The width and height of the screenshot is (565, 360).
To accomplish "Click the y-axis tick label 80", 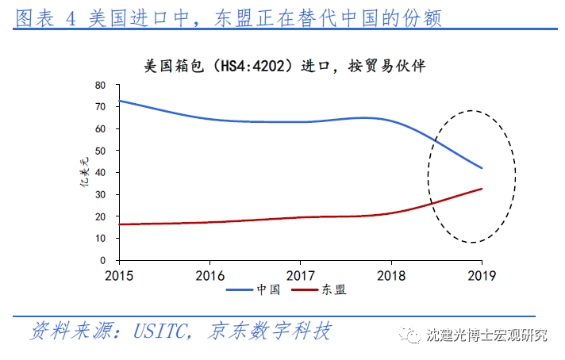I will pyautogui.click(x=100, y=85).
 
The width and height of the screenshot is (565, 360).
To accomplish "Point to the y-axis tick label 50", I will pyautogui.click(x=100, y=151).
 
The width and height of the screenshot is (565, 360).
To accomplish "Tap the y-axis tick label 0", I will pyautogui.click(x=103, y=260).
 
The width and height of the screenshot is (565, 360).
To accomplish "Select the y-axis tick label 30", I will pyautogui.click(x=100, y=194).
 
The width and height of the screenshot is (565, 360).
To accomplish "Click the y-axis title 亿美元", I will pyautogui.click(x=84, y=173).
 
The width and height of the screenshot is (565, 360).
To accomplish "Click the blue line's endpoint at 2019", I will pyautogui.click(x=482, y=168).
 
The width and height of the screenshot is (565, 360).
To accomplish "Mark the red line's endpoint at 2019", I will pyautogui.click(x=482, y=189).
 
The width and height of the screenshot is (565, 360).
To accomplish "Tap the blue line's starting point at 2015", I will pyautogui.click(x=118, y=101).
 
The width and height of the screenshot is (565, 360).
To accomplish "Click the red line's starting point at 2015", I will pyautogui.click(x=118, y=224).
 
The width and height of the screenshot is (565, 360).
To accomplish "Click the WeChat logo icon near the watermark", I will pyautogui.click(x=411, y=335).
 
